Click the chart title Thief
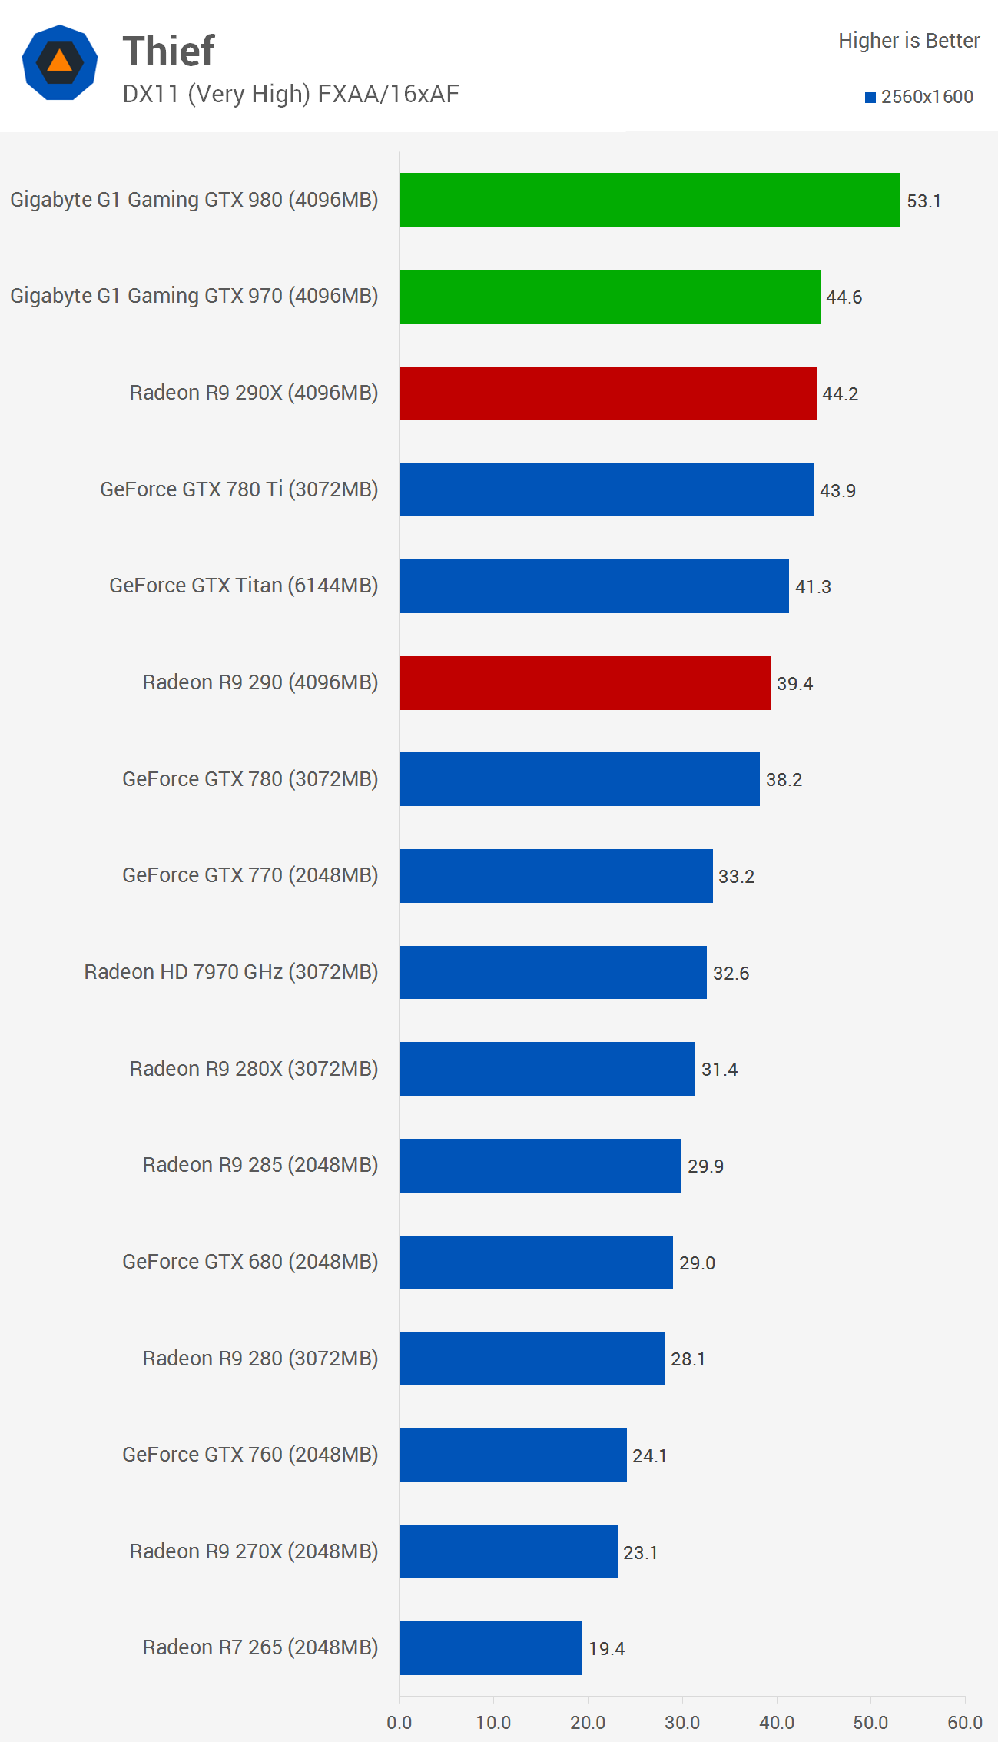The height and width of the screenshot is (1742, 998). click(169, 51)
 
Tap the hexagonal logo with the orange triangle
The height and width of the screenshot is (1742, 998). click(60, 62)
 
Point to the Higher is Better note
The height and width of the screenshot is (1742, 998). click(909, 41)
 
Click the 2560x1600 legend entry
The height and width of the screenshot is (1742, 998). click(920, 97)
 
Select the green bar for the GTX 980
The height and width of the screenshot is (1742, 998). click(649, 200)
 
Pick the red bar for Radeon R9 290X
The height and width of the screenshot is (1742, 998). click(608, 393)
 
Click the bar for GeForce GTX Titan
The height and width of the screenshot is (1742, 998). click(594, 586)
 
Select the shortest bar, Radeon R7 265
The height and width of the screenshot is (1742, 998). click(490, 1648)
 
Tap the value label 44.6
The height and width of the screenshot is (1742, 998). click(844, 297)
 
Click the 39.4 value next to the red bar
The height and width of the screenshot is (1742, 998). click(794, 684)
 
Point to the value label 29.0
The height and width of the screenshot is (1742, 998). click(697, 1263)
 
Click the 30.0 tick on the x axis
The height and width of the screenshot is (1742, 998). click(682, 1722)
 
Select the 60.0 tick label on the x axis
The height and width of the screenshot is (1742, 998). click(965, 1722)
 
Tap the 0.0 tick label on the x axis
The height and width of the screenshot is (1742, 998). click(400, 1722)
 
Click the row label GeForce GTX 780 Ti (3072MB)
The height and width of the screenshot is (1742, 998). click(239, 489)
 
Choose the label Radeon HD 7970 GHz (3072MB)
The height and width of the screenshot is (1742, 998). click(231, 972)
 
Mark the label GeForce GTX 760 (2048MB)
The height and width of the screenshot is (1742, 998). click(250, 1455)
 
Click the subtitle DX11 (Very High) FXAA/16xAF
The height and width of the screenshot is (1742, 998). click(290, 94)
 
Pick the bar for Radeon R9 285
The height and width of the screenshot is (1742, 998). click(540, 1166)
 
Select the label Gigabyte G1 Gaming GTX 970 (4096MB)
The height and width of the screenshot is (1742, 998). click(194, 296)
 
